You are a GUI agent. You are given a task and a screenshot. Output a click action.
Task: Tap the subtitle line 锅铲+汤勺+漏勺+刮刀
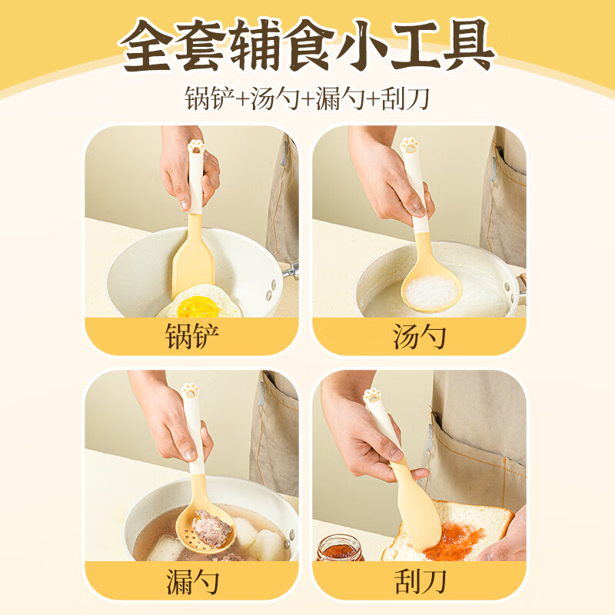tap(307, 99)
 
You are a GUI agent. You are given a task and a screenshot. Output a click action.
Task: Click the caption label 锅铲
tap(191, 337)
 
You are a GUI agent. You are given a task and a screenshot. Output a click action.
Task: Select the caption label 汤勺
tap(420, 337)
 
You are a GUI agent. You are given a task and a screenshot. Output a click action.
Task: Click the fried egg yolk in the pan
tap(198, 307)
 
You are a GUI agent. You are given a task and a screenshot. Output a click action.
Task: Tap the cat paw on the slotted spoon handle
tap(189, 390)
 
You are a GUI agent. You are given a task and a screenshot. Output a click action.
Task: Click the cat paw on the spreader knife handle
tap(374, 397)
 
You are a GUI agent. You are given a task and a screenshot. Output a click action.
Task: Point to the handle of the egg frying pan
tap(290, 270)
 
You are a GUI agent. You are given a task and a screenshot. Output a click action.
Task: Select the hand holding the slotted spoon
tap(173, 427)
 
